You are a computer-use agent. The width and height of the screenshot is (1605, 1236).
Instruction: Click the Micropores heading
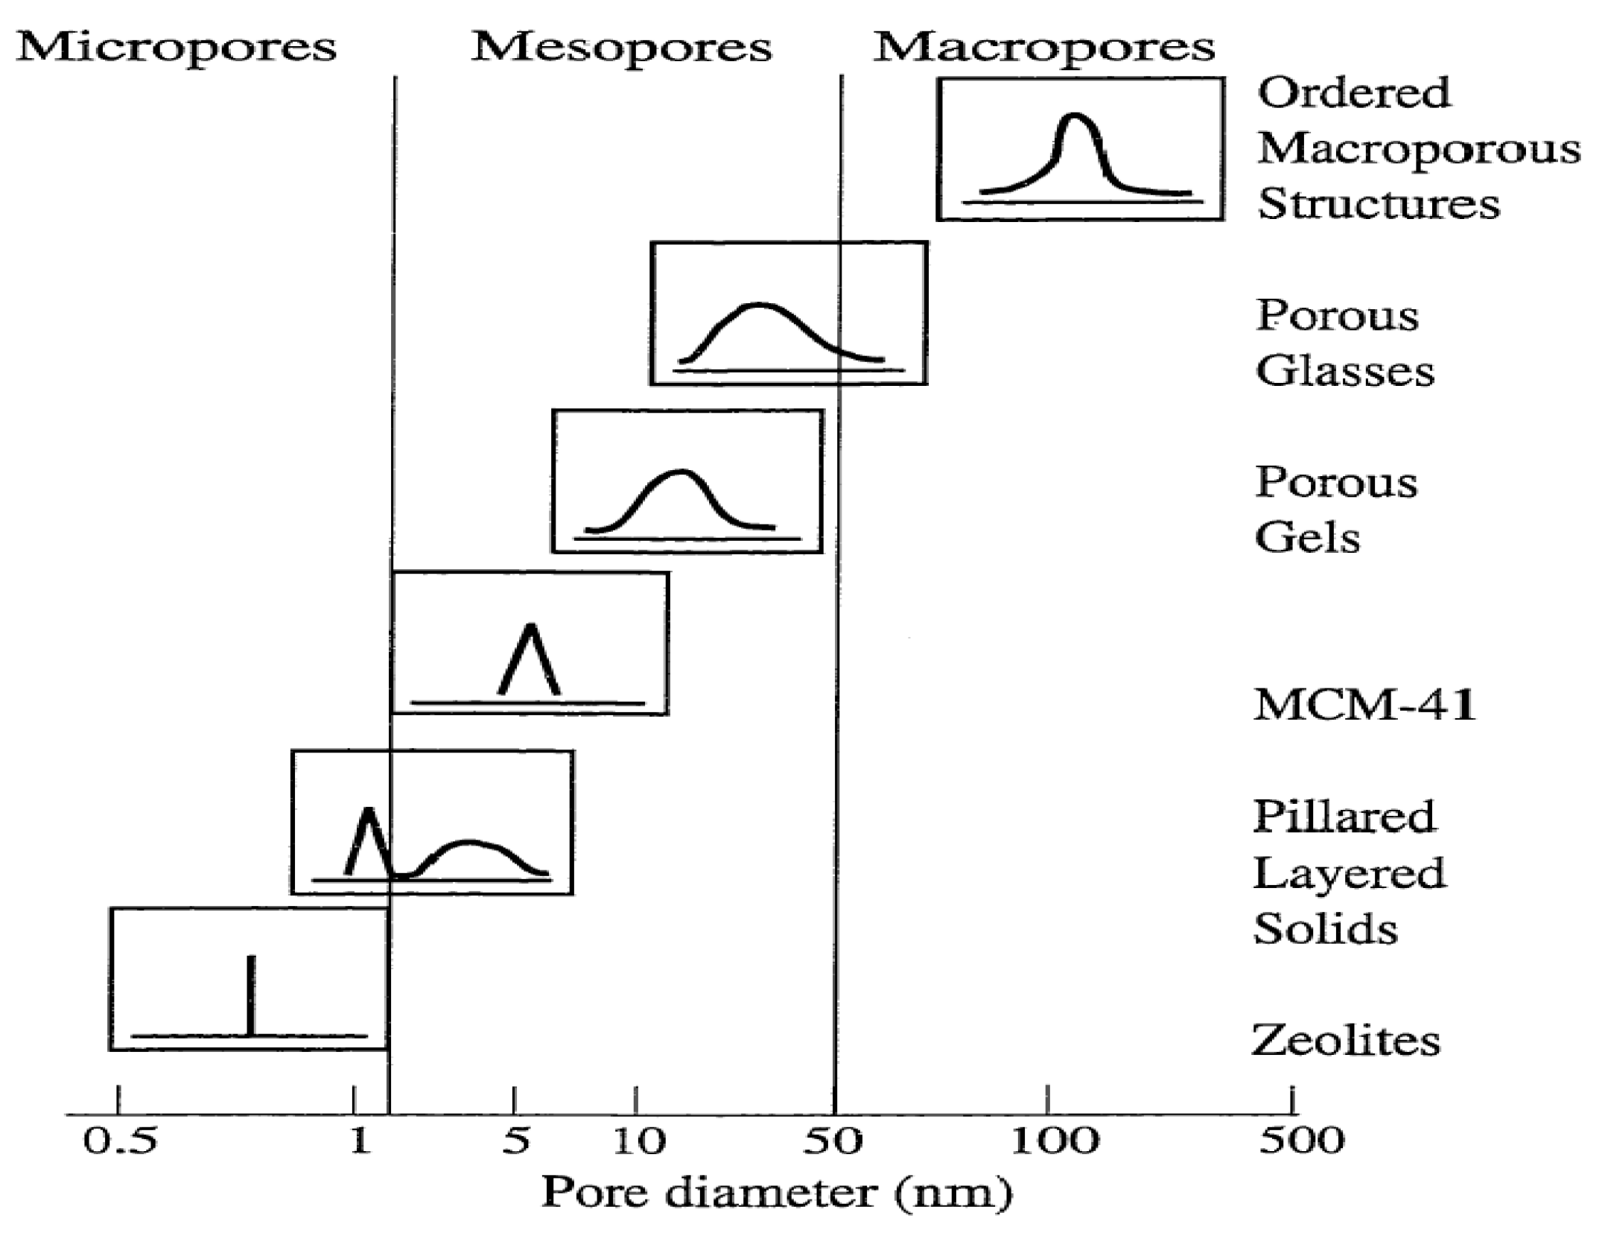[177, 47]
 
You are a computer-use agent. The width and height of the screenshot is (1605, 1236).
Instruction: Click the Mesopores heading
[621, 47]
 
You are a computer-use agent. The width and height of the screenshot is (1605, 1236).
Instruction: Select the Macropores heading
[1043, 47]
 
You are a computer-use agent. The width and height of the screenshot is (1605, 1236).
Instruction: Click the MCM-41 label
[1364, 704]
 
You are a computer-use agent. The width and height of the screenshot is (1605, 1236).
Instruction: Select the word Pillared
[1344, 817]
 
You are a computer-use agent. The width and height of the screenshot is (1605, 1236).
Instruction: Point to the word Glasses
[1345, 371]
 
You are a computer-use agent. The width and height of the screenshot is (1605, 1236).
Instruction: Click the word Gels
[1308, 537]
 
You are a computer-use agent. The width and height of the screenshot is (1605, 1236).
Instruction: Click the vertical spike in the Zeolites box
[251, 995]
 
